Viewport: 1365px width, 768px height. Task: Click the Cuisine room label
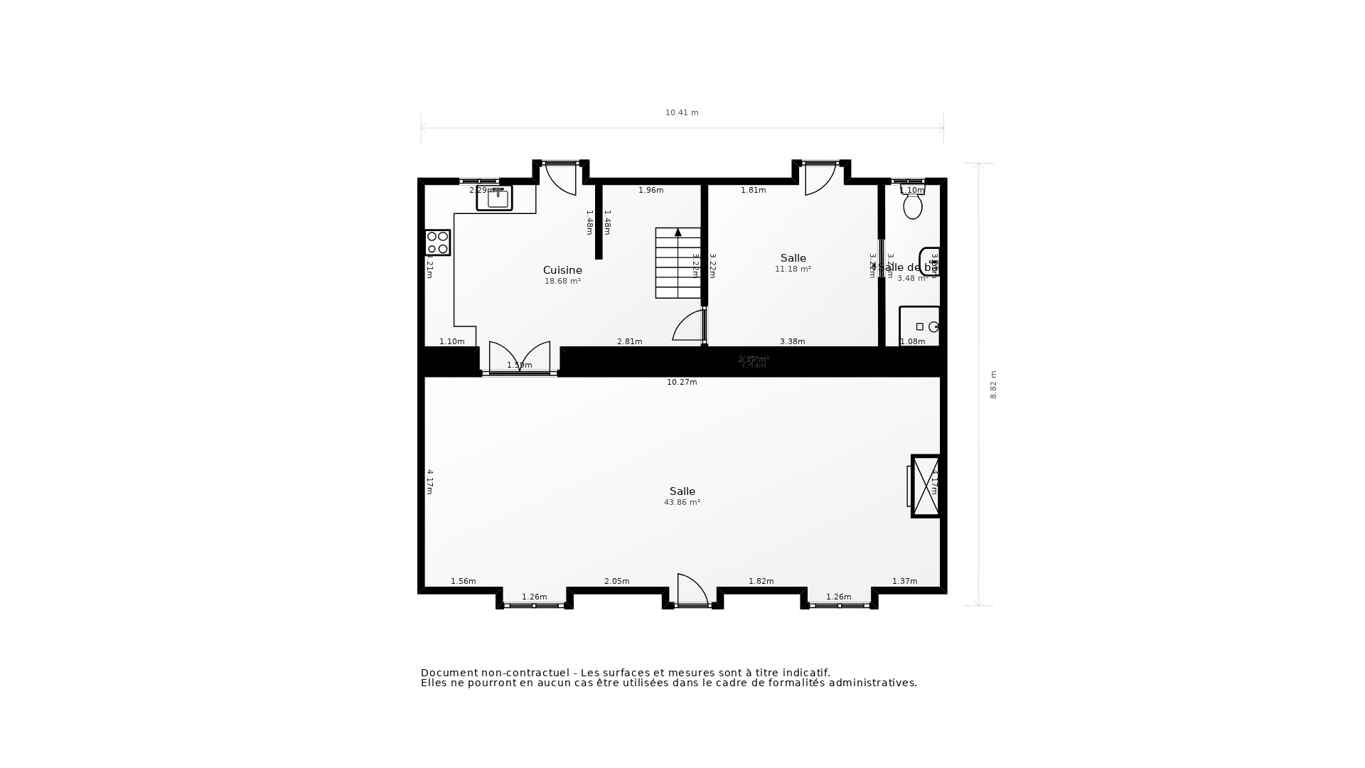pos(562,270)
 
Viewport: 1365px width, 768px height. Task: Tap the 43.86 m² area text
pos(682,502)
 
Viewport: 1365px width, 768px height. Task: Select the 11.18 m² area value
pos(793,270)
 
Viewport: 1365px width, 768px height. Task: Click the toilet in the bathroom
pos(913,206)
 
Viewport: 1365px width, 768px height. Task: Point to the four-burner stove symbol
pos(437,242)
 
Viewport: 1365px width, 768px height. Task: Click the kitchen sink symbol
pos(495,198)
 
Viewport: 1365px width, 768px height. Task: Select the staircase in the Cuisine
pos(678,263)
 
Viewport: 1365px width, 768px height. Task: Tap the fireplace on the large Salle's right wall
pos(926,486)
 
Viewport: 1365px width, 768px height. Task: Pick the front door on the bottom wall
pos(692,590)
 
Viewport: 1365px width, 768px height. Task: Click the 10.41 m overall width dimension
pos(682,112)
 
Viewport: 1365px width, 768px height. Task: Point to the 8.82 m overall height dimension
pos(993,385)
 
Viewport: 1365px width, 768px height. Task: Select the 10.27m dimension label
pos(682,383)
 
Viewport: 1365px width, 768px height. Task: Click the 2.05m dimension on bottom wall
pos(616,582)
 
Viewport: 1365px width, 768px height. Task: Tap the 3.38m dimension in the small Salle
pos(792,342)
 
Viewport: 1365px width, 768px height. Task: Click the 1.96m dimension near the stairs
pos(651,191)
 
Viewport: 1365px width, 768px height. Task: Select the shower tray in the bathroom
pos(919,326)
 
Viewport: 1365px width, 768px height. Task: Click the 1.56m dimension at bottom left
pos(463,582)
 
